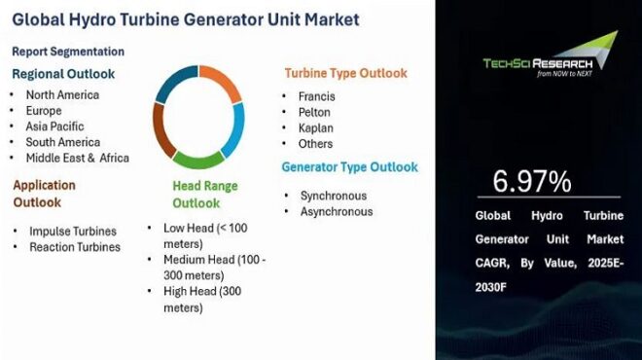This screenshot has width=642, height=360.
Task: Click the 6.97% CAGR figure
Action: (531, 181)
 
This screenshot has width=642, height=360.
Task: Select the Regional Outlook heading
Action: (63, 74)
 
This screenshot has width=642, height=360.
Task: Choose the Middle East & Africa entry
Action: (79, 158)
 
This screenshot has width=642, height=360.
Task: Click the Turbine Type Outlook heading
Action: (345, 74)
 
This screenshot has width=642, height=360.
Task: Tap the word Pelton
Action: (316, 112)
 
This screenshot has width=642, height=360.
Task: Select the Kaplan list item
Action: (317, 127)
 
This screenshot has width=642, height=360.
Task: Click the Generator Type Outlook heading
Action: (350, 166)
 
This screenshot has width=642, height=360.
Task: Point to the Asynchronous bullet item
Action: (337, 211)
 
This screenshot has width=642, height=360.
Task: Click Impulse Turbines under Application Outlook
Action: (73, 232)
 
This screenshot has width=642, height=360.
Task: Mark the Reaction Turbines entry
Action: (75, 247)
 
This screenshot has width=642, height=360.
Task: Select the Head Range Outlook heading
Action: (205, 195)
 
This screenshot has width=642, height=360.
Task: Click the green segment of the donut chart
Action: (199, 160)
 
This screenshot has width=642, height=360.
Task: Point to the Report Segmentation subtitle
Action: (68, 52)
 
